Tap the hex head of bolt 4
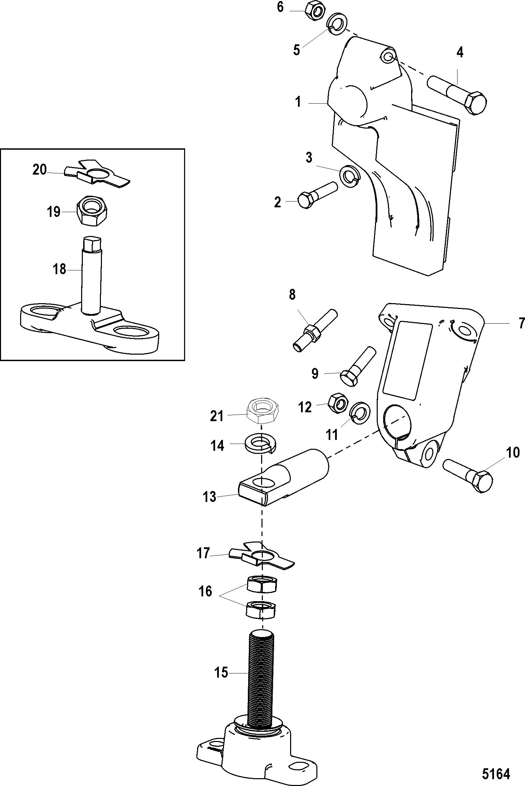476,103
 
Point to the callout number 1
298,102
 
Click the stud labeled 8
315,330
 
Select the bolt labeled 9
358,367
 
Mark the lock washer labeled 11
359,414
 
